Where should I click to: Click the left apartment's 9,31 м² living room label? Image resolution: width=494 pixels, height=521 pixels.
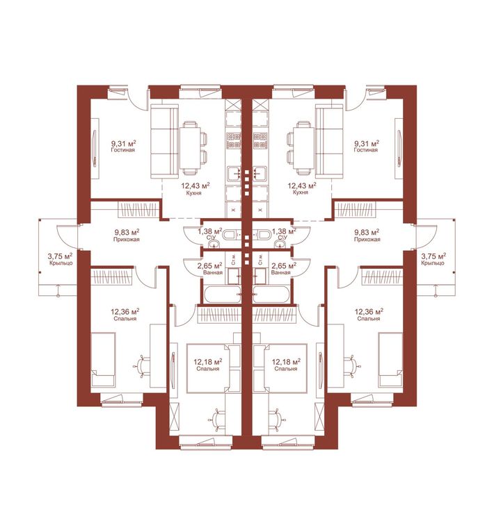tap(123, 146)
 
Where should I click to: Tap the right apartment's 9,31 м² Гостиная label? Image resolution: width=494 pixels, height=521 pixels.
tap(366, 146)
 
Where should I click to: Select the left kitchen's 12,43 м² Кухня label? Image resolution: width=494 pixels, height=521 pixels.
tap(195, 188)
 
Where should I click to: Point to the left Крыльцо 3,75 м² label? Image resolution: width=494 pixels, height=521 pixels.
tap(61, 259)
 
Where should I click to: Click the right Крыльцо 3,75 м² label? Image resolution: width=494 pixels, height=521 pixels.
tap(433, 259)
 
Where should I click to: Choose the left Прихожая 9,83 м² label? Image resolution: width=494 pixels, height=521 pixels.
tap(126, 235)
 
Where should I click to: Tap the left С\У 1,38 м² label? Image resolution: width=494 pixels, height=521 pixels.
tap(209, 233)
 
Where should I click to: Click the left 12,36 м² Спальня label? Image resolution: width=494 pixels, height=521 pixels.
tap(125, 315)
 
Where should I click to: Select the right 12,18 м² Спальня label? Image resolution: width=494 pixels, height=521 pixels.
tap(286, 365)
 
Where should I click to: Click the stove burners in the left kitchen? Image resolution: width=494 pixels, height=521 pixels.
tap(233, 140)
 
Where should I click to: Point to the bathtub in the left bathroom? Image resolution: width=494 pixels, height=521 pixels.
tap(222, 295)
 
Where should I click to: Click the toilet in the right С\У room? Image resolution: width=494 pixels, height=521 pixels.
tap(264, 235)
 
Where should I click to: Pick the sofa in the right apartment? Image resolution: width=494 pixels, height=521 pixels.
tap(329, 142)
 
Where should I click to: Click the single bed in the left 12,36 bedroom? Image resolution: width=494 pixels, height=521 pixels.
tap(104, 359)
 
